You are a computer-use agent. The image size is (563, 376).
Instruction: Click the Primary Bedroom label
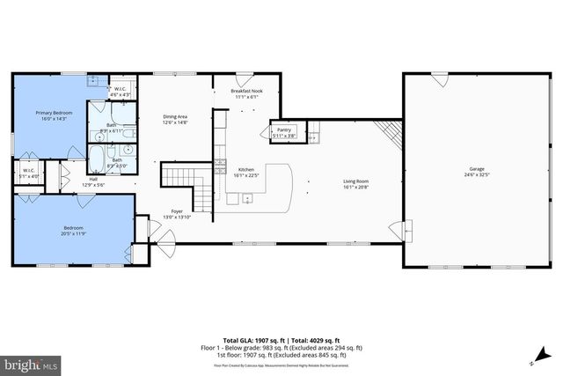point(54,113)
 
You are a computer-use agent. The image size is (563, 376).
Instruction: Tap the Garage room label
point(477,168)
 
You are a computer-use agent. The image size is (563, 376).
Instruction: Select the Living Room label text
point(355,182)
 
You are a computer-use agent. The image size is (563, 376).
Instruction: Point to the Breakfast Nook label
point(246,91)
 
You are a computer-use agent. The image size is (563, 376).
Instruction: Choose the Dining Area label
point(175,116)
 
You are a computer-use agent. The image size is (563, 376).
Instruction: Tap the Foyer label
point(177,212)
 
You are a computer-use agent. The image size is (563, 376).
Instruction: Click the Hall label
point(93,179)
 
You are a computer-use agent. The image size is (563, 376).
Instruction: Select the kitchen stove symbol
point(220,164)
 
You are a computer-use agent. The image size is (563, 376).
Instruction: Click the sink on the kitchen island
point(247,198)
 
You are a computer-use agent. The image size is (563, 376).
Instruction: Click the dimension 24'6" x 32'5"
point(477,174)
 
